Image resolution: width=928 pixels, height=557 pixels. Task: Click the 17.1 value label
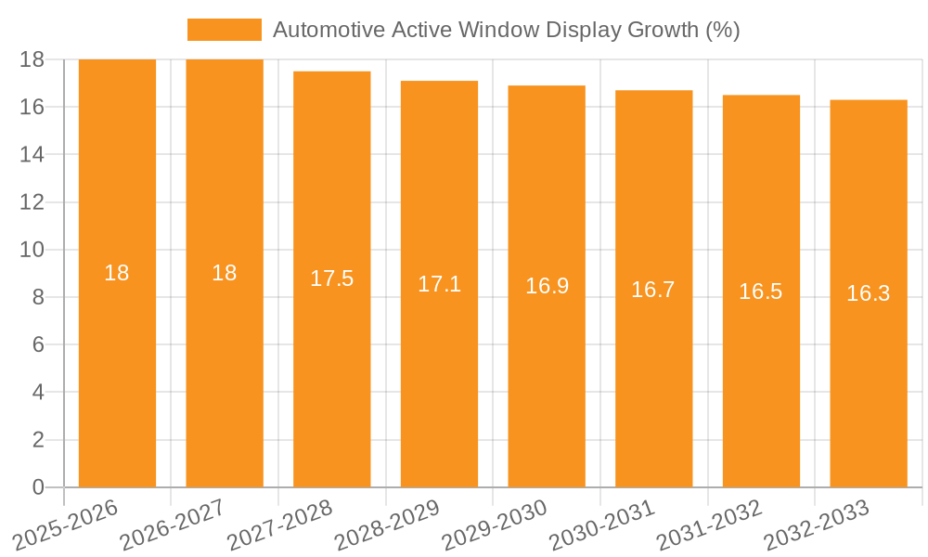click(439, 284)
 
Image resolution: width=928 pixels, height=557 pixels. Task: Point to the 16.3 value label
click(868, 293)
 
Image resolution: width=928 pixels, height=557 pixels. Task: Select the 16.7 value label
click(653, 290)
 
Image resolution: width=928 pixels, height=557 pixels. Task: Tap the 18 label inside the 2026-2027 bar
click(224, 273)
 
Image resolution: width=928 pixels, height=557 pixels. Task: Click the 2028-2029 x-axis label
click(387, 525)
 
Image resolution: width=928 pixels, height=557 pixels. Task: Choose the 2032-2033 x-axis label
click(817, 525)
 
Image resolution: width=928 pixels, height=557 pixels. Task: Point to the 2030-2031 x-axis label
click(602, 525)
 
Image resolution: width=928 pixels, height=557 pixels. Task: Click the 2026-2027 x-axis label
click(173, 525)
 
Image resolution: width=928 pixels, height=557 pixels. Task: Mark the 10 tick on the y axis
click(32, 250)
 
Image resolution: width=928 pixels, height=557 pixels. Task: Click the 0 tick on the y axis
click(38, 487)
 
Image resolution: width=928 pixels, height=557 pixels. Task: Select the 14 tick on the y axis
click(32, 154)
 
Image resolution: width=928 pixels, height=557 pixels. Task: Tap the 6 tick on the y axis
click(38, 344)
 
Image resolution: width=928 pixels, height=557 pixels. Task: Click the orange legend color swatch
click(225, 30)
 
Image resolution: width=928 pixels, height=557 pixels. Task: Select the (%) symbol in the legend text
click(722, 30)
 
